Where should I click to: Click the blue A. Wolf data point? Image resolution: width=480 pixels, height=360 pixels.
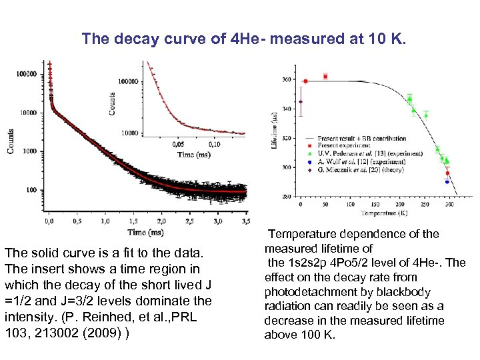447,181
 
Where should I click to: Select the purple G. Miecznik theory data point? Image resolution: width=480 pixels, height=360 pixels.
301,102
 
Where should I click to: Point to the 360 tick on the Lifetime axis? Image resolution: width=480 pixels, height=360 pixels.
287,80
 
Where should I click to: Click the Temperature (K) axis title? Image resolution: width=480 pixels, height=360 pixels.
375,213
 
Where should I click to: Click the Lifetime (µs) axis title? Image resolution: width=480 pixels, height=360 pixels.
275,131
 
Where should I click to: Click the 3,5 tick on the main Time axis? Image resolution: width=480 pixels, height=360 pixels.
246,221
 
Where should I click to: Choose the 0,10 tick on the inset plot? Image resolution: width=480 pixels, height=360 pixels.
215,144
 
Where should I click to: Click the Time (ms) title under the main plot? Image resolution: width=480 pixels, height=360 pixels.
146,232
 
